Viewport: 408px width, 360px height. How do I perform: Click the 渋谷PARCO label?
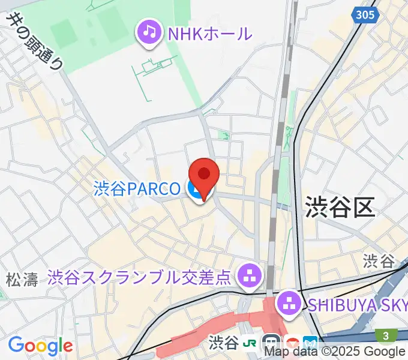[137, 190]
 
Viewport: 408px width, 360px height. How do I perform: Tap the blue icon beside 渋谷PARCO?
[195, 191]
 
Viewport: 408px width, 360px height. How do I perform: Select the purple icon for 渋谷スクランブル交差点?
[248, 276]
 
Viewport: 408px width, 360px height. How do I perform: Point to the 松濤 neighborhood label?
[22, 279]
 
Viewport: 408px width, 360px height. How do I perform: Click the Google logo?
[40, 345]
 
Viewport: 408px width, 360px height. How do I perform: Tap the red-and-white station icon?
[292, 344]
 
